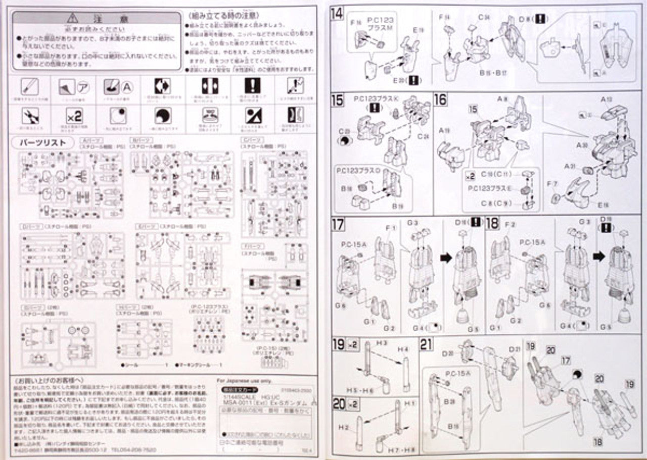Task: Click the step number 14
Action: click(337, 14)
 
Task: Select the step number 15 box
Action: click(338, 99)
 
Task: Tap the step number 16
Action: click(441, 99)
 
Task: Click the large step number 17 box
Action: click(338, 224)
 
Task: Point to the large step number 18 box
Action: click(492, 224)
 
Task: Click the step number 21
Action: click(427, 345)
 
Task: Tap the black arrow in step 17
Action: click(446, 258)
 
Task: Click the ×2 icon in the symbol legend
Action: click(74, 116)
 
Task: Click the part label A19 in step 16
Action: click(445, 131)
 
